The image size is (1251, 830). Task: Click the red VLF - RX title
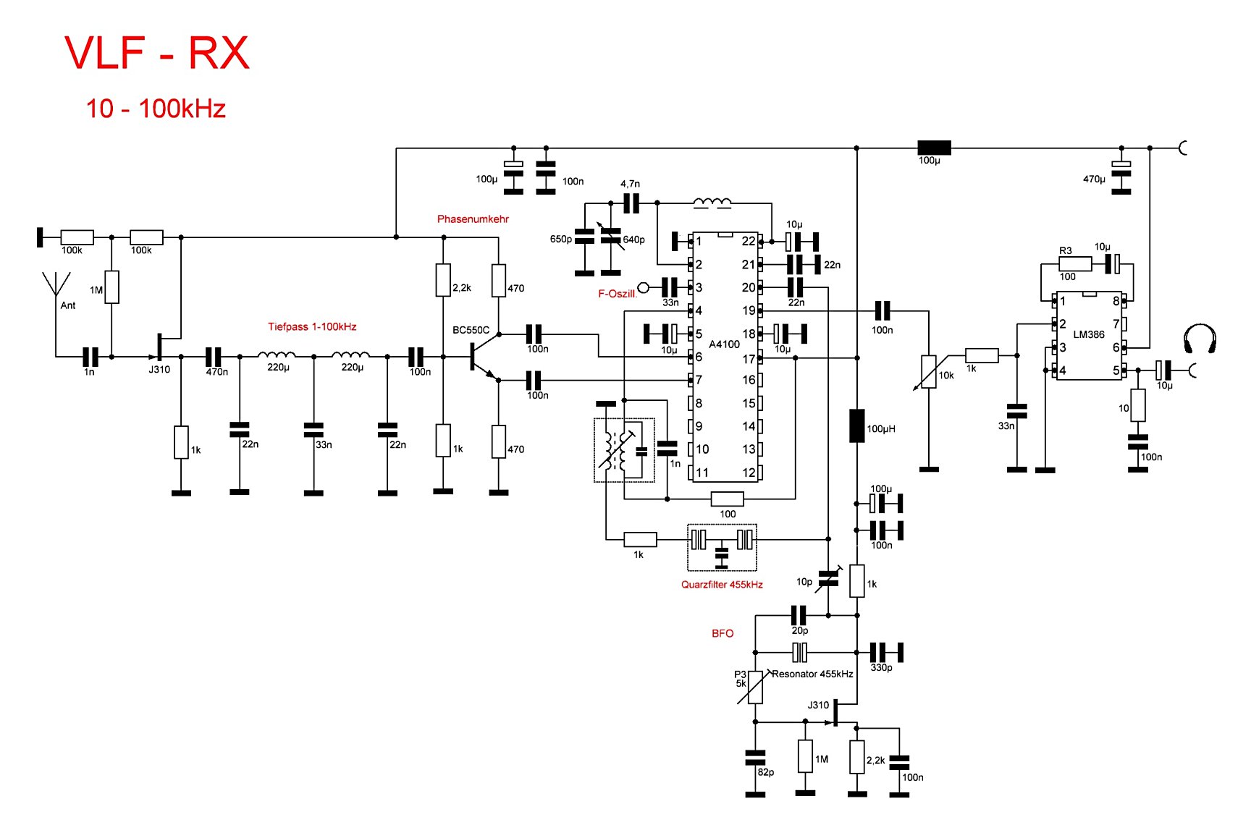(157, 53)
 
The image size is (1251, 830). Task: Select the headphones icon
(1200, 339)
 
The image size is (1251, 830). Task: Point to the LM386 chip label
(1089, 334)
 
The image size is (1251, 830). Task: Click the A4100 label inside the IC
(724, 344)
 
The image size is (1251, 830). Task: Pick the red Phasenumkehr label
(473, 219)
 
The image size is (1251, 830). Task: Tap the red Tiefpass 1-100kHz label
(312, 326)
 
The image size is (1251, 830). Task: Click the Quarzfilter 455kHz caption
(722, 585)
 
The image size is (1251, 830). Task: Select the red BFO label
(723, 633)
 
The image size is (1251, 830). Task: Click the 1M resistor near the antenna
(111, 287)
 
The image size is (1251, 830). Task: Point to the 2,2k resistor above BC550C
(443, 280)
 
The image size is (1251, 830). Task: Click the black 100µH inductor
(856, 425)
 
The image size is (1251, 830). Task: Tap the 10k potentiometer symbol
(928, 372)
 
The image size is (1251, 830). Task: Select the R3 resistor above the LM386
(1074, 264)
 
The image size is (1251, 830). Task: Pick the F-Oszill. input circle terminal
(643, 287)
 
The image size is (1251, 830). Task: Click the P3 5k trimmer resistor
(755, 687)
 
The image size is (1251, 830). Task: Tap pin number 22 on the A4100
(749, 241)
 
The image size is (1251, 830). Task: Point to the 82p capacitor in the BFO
(755, 758)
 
